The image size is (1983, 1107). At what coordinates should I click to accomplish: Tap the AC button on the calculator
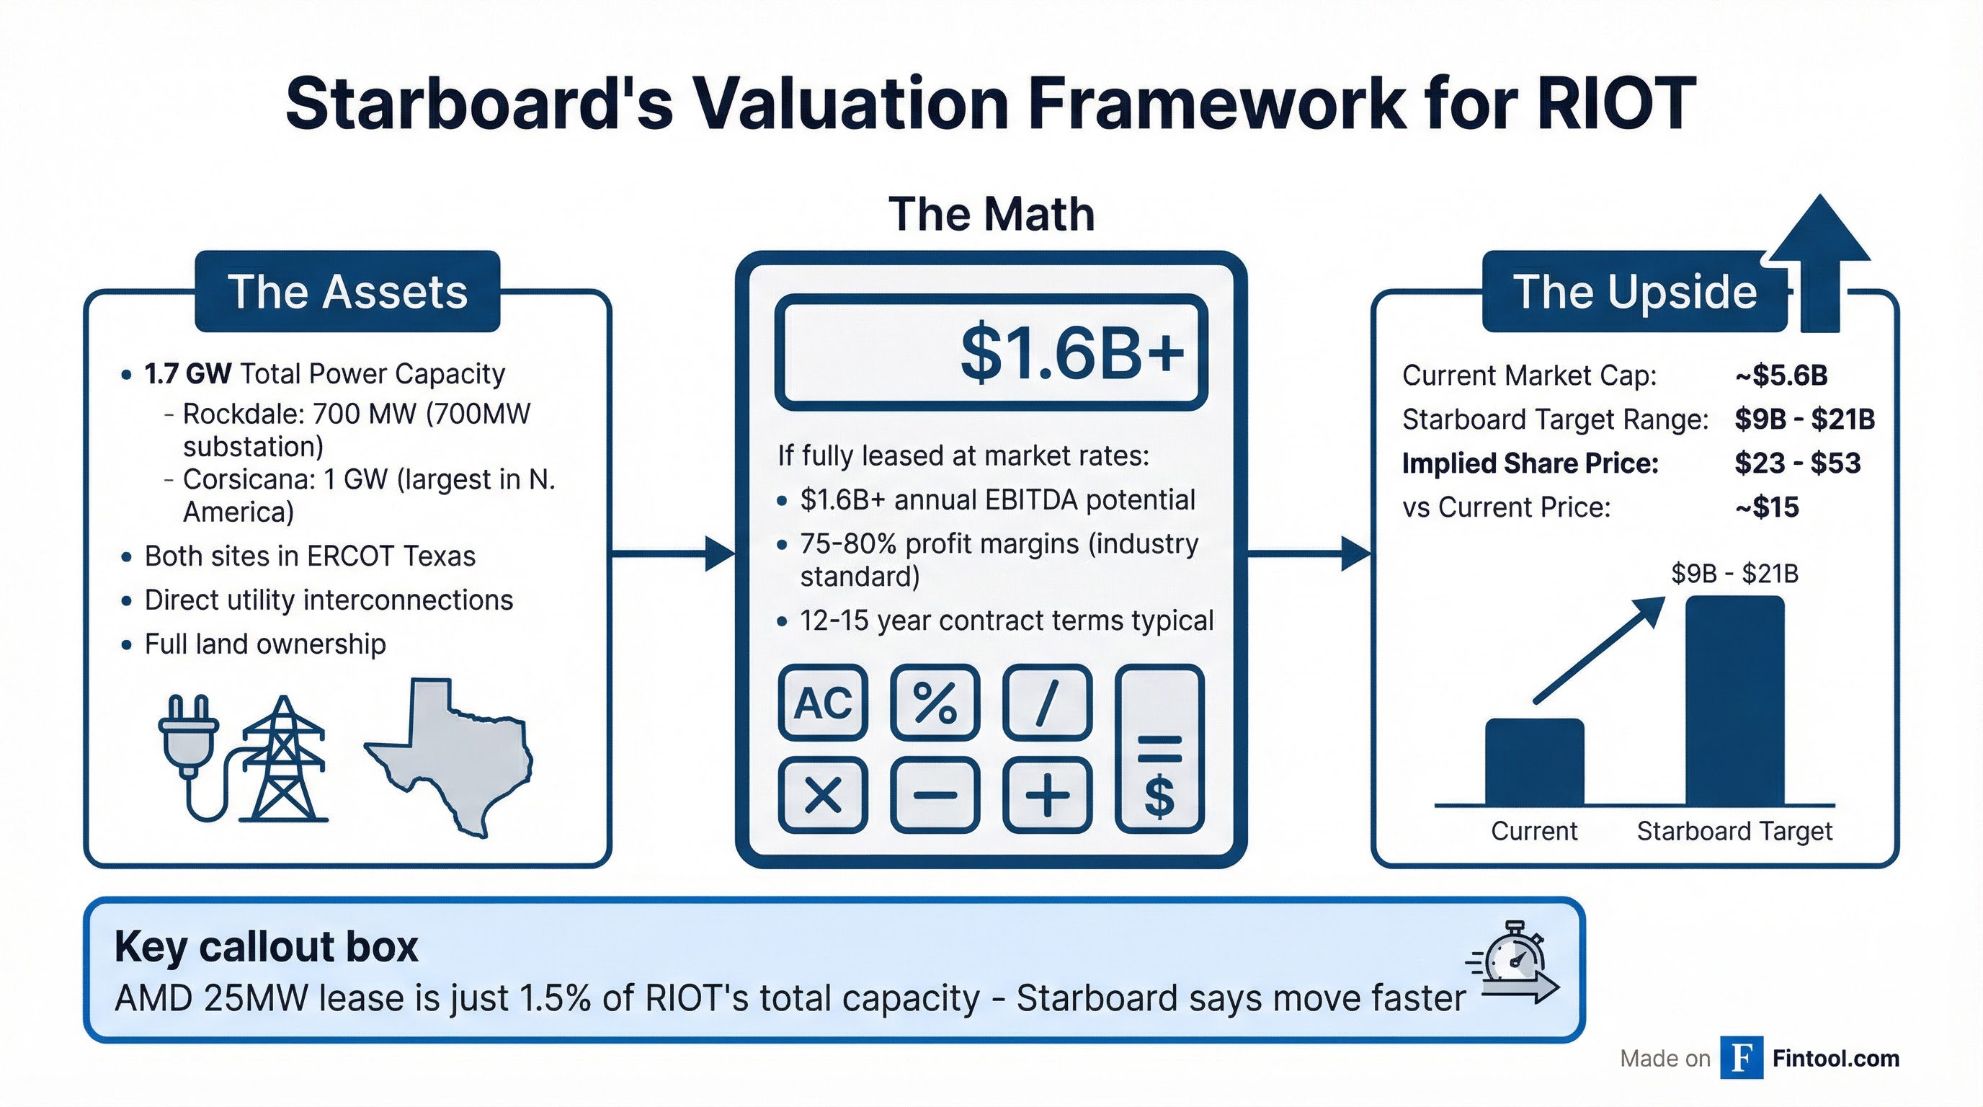823,702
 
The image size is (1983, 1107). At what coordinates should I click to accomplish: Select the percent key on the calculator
935,702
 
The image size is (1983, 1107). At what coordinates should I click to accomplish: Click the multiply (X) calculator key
823,794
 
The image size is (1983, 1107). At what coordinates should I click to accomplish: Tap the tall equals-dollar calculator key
1159,749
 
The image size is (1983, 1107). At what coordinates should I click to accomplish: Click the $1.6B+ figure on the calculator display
1071,353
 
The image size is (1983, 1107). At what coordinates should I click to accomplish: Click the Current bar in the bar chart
1533,762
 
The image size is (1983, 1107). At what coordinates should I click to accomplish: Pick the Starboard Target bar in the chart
1734,701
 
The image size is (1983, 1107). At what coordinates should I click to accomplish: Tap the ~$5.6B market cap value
1781,375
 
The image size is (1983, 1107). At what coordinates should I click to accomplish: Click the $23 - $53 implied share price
1796,463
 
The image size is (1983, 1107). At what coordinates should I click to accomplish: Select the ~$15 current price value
1767,507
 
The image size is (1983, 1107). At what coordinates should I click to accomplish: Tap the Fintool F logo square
1742,1058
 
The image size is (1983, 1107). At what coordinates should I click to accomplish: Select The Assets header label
347,292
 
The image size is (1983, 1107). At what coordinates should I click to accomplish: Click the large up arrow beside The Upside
1820,262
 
